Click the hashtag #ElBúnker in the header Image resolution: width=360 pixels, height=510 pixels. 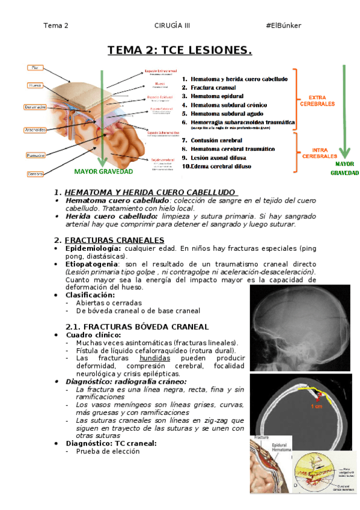coord(283,25)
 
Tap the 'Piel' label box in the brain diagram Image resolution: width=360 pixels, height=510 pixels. coord(35,68)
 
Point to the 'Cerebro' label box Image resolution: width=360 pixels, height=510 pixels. coord(35,174)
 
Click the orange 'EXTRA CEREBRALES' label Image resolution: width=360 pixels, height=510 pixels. coord(317,100)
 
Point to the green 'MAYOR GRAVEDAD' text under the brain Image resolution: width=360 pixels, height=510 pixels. coord(103,171)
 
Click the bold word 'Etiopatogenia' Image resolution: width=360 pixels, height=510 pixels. coord(90,264)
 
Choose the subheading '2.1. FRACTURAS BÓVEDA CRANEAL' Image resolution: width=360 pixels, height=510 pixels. coord(136,327)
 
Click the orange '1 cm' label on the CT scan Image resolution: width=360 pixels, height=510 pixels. coord(316,407)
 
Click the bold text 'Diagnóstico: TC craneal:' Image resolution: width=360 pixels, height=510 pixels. coord(111,443)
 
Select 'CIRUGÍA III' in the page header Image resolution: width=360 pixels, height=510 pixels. coord(172,25)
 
